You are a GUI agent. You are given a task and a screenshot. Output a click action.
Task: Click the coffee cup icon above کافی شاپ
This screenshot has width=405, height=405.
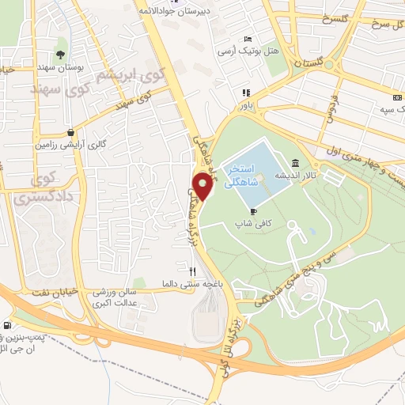(253, 211)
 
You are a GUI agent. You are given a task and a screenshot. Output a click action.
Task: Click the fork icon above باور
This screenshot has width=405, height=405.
(246, 91)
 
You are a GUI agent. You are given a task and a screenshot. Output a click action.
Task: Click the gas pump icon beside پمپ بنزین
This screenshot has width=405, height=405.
(7, 325)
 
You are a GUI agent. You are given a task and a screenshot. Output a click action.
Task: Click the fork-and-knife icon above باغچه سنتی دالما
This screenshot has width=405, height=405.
(182, 270)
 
